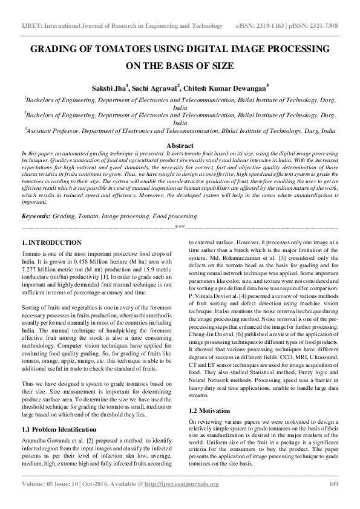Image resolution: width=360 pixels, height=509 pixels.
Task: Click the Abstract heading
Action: click(x=180, y=146)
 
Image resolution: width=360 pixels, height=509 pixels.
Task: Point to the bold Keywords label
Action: click(x=36, y=199)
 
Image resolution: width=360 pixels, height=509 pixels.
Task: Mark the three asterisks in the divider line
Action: click(x=180, y=209)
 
